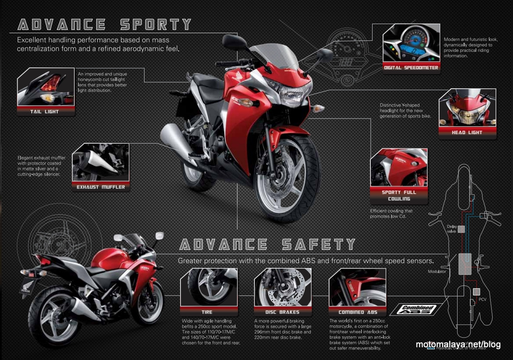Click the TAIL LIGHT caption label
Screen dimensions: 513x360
[45, 111]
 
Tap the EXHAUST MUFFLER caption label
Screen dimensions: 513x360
[100, 187]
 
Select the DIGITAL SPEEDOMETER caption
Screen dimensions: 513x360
[411, 68]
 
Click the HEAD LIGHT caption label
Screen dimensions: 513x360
[467, 132]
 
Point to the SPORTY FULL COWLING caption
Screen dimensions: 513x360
[399, 195]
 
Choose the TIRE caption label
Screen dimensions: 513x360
[207, 312]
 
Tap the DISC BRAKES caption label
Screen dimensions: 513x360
[282, 312]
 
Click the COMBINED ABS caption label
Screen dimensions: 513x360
[358, 312]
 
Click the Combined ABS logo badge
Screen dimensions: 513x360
[417, 310]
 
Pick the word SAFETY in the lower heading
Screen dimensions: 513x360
[318, 245]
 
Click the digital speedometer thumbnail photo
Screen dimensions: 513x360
[411, 44]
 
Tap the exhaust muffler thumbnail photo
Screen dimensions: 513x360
[100, 162]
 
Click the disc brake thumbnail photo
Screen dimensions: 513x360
[282, 287]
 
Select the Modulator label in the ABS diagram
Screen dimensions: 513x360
[437, 271]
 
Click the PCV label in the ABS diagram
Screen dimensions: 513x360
[483, 300]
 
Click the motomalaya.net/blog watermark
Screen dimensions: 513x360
[458, 345]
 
